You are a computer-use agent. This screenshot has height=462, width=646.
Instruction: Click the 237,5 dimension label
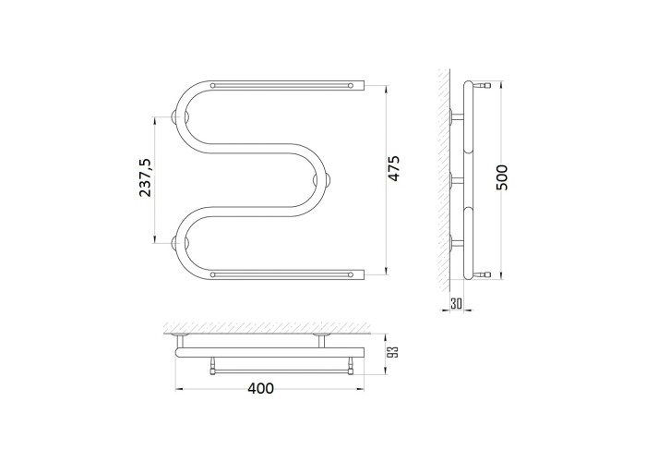pyautogui.click(x=146, y=177)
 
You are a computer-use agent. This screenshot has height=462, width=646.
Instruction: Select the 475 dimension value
pyautogui.click(x=394, y=168)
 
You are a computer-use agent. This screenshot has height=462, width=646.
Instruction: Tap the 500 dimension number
pyautogui.click(x=502, y=177)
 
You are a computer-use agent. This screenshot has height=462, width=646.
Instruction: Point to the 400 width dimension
pyautogui.click(x=260, y=388)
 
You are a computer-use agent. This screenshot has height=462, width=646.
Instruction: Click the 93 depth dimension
pyautogui.click(x=394, y=351)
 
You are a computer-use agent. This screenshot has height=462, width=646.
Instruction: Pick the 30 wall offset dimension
pyautogui.click(x=456, y=304)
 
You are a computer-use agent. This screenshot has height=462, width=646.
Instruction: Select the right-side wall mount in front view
pyautogui.click(x=321, y=181)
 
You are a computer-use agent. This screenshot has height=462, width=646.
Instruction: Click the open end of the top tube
pyautogui.click(x=364, y=85)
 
